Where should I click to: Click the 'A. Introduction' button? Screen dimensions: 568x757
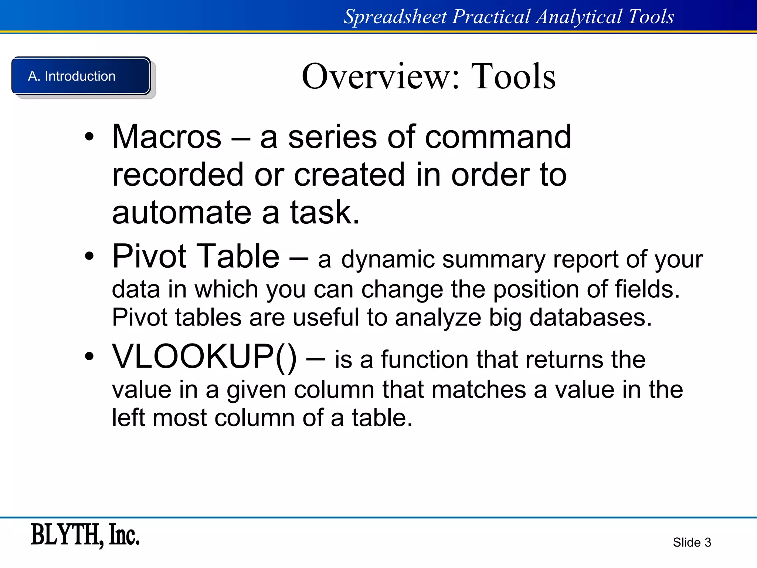point(81,76)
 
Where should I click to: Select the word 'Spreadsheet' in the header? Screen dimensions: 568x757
point(395,17)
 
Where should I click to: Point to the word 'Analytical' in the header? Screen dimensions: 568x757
point(579,17)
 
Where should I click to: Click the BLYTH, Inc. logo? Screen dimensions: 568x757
point(85,535)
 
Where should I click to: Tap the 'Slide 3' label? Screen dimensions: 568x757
point(692,542)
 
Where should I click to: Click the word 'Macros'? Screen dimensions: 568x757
point(167,137)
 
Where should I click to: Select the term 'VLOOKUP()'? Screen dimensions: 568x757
point(204,356)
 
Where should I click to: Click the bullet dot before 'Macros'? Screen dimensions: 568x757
point(89,137)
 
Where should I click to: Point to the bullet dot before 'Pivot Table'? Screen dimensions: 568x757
point(89,256)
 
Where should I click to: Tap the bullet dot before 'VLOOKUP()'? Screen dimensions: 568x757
point(89,356)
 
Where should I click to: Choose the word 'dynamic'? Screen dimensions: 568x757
point(388,260)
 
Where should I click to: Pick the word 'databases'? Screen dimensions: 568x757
point(590,317)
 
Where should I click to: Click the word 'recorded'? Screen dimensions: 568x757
point(178,175)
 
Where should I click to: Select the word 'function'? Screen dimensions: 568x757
point(425,359)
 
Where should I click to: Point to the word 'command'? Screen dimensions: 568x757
point(498,137)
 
